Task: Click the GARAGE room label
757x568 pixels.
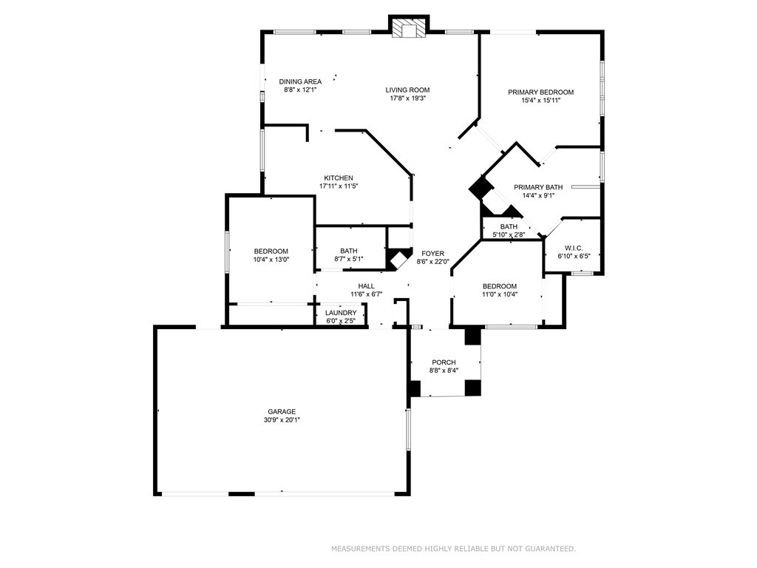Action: [x=282, y=411]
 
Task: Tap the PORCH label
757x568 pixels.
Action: [x=444, y=362]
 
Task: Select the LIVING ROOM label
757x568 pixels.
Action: [x=407, y=89]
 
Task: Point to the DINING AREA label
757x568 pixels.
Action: [x=300, y=81]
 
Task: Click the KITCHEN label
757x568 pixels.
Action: [x=339, y=177]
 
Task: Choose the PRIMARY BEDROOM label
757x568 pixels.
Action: [x=540, y=92]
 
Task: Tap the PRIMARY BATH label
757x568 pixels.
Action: [x=538, y=187]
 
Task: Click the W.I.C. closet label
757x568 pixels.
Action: [x=574, y=248]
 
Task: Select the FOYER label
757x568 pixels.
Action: [x=432, y=254]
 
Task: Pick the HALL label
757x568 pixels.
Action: [x=367, y=286]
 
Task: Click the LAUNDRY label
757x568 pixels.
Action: [x=341, y=313]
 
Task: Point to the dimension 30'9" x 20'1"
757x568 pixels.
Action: [x=282, y=420]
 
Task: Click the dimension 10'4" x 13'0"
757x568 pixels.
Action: [x=271, y=260]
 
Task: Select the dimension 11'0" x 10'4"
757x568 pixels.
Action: [x=499, y=294]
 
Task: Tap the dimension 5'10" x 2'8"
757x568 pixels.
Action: [x=509, y=234]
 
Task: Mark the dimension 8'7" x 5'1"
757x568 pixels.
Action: [x=349, y=259]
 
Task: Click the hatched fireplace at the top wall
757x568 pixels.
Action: [x=409, y=27]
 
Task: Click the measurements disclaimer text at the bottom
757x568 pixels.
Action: [x=453, y=549]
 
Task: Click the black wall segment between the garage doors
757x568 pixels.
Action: [x=242, y=493]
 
